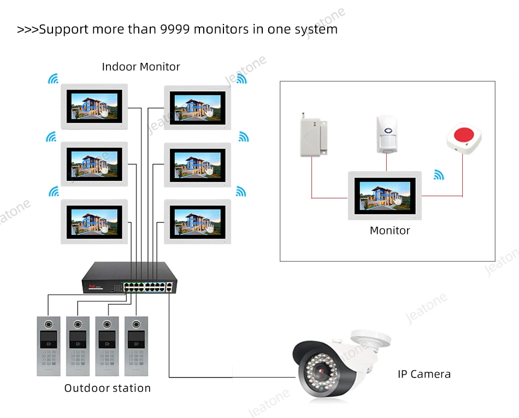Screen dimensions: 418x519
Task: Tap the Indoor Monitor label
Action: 140,67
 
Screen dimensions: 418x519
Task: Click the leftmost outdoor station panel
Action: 49,345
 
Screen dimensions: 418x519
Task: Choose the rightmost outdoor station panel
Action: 137,345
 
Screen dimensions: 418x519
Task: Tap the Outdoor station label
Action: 107,388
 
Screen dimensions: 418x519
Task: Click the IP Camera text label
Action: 423,374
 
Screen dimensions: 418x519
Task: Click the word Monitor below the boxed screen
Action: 390,231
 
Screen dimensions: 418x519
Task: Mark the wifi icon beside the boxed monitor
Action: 439,175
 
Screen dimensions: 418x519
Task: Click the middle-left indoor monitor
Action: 94,164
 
